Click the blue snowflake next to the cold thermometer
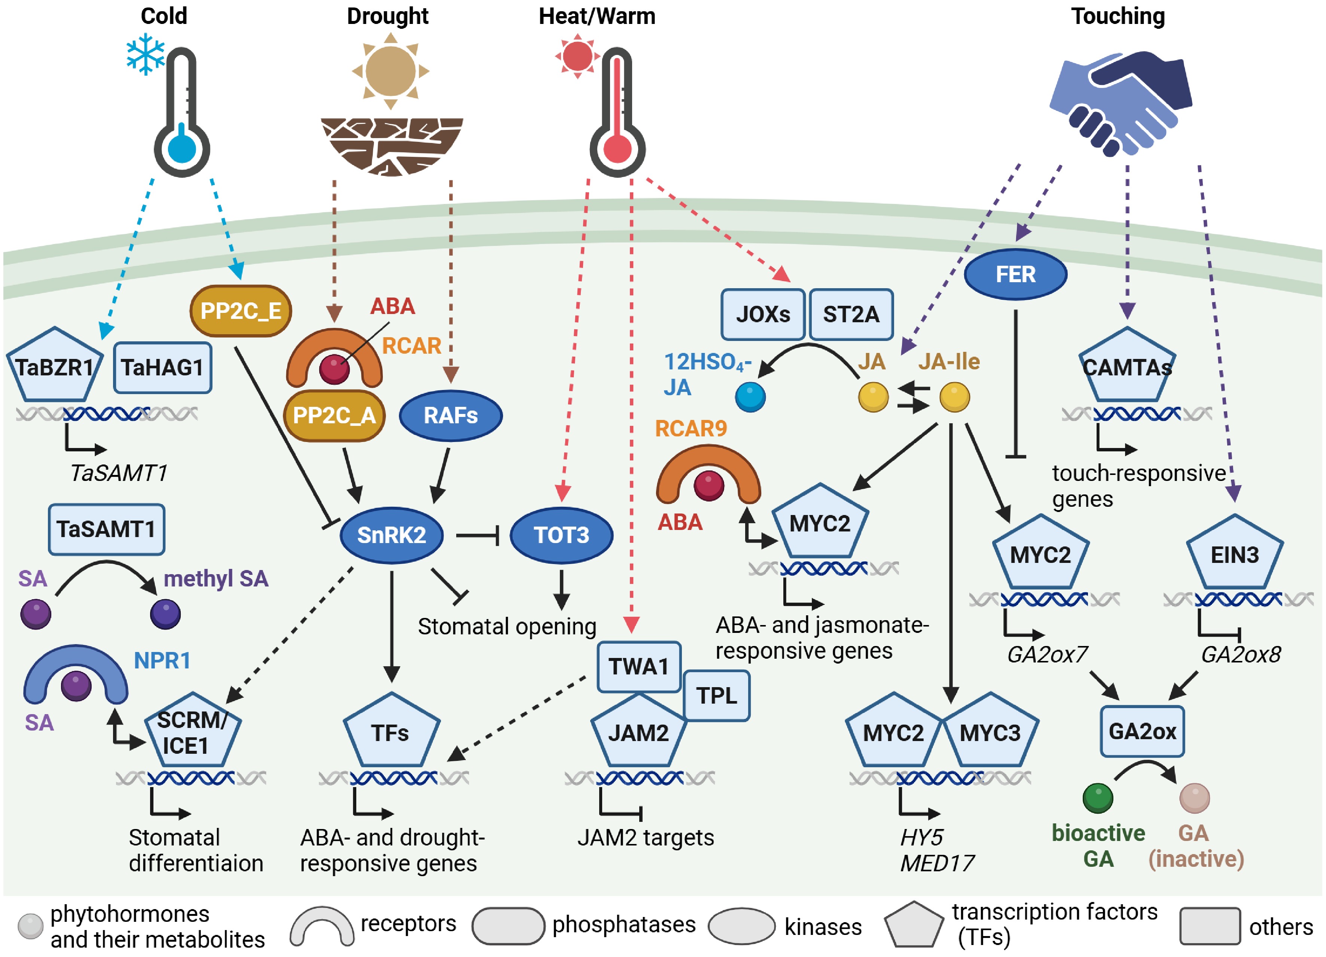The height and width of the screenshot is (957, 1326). pyautogui.click(x=146, y=54)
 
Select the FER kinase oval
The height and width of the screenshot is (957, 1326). pyautogui.click(x=1015, y=274)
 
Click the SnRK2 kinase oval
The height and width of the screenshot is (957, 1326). pyautogui.click(x=391, y=535)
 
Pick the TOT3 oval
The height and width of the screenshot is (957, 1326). pyautogui.click(x=561, y=535)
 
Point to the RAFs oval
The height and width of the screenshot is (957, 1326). pyautogui.click(x=450, y=416)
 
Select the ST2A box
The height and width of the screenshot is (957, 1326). pyautogui.click(x=851, y=314)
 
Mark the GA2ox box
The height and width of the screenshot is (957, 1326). pyautogui.click(x=1142, y=731)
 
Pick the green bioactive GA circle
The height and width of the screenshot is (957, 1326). pyautogui.click(x=1097, y=798)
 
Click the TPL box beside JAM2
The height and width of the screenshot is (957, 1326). pyautogui.click(x=716, y=696)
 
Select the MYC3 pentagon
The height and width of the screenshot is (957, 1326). pyautogui.click(x=990, y=732)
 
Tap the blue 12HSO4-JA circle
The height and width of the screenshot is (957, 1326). pyautogui.click(x=750, y=397)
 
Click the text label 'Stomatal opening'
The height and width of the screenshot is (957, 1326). pyautogui.click(x=507, y=626)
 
